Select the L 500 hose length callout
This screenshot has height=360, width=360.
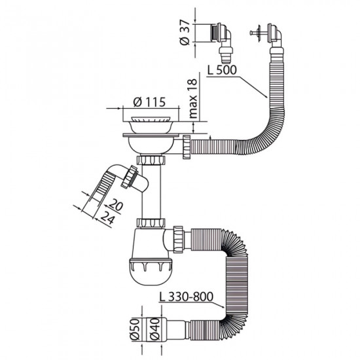(x=221, y=68)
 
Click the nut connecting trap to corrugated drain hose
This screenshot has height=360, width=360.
(x=179, y=237)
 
